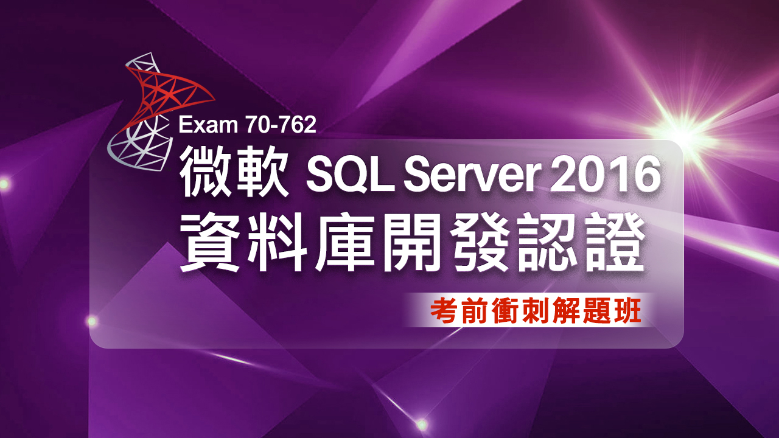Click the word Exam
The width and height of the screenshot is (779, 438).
point(208,125)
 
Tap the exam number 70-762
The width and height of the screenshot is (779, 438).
point(281,125)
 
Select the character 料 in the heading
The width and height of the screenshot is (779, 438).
point(278,243)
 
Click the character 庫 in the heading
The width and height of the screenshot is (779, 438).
point(345,243)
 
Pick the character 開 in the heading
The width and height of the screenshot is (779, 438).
point(413,243)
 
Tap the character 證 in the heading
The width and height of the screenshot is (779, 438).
point(614,243)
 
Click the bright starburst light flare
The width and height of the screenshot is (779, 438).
point(682,134)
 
